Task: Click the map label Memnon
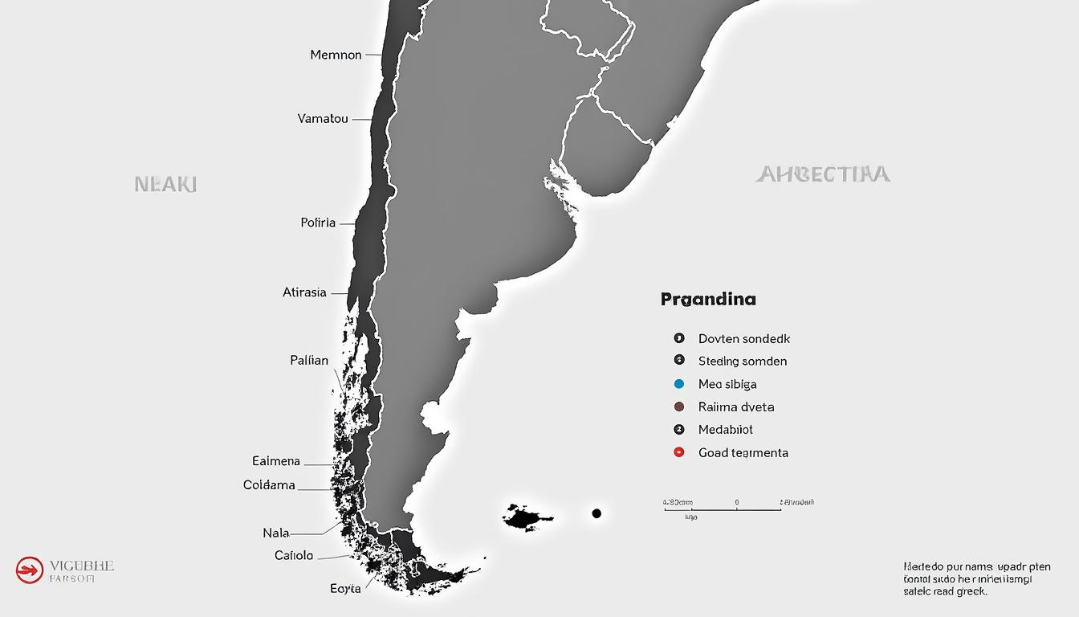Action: [x=336, y=55]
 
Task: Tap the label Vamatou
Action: [x=323, y=119]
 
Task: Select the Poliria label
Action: [x=318, y=223]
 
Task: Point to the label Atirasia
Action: [x=304, y=292]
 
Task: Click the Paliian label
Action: [x=309, y=361]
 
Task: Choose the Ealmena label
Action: [x=276, y=461]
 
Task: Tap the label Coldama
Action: [x=269, y=485]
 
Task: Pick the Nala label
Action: [x=275, y=533]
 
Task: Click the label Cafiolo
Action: [x=294, y=555]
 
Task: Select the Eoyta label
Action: [x=345, y=588]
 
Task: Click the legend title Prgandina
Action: [x=708, y=300]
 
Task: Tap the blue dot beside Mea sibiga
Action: [x=679, y=384]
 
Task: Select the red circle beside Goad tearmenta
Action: [x=679, y=452]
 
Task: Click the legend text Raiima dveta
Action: [x=736, y=407]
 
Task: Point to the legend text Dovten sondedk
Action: [x=744, y=339]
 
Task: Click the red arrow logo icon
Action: [x=29, y=570]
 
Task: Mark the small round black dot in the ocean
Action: [x=597, y=513]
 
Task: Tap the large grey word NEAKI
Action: [x=165, y=184]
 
